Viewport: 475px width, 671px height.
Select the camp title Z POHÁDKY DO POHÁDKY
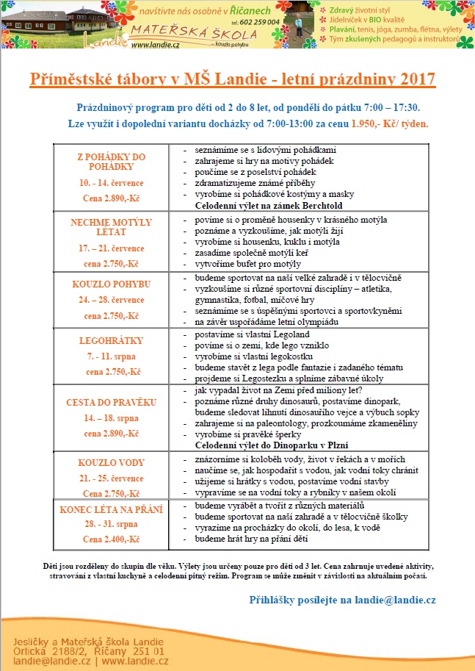click(x=112, y=162)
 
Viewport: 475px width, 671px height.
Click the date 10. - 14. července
click(x=112, y=181)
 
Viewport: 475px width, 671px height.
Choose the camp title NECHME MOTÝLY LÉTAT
click(x=112, y=226)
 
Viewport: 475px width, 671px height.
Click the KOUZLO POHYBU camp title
click(x=112, y=284)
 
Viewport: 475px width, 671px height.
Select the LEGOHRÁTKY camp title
click(x=112, y=340)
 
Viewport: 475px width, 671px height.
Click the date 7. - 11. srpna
click(x=112, y=356)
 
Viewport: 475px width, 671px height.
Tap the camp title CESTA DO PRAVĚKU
click(x=112, y=403)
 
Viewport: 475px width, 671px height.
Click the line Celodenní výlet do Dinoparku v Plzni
click(x=271, y=445)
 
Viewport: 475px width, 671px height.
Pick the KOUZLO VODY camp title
click(x=112, y=463)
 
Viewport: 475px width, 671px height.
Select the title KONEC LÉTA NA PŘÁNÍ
click(x=112, y=509)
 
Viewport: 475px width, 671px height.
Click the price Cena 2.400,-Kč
click(x=112, y=539)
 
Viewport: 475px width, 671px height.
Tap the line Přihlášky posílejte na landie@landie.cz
click(x=342, y=600)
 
